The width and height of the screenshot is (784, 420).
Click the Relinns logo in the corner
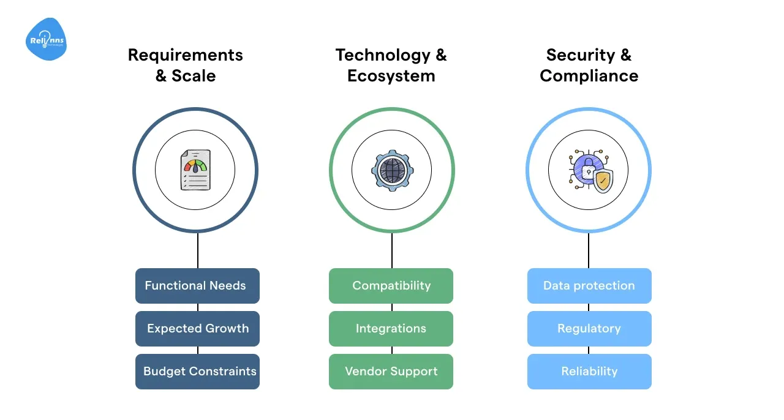pos(46,40)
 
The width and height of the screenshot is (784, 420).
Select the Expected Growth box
pos(197,329)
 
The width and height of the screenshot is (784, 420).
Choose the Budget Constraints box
pos(197,372)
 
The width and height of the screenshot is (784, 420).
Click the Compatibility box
pos(391,286)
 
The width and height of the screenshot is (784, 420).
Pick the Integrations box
pos(391,329)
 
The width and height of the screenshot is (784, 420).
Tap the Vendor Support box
pos(391,372)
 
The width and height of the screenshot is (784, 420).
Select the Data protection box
pos(589,286)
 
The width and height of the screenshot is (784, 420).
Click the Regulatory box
pos(589,329)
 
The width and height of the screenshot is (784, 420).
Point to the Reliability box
pos(589,372)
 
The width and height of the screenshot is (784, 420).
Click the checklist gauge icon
pos(195,170)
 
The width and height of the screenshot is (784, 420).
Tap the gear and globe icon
pos(391,170)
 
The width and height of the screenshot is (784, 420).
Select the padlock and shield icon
pos(589,171)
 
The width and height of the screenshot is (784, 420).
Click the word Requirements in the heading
pos(185,55)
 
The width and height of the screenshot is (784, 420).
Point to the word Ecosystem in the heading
pos(391,76)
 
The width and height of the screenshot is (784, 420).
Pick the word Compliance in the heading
pos(589,76)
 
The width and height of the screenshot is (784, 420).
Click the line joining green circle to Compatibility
pos(391,250)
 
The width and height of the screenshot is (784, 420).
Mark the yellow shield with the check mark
pos(603,181)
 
